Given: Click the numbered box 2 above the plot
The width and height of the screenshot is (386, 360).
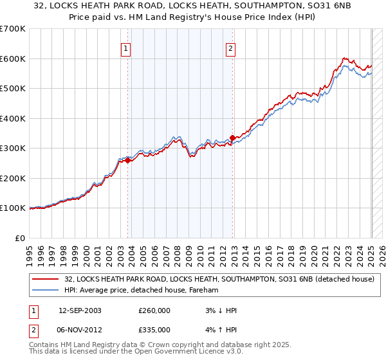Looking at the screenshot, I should (230, 47).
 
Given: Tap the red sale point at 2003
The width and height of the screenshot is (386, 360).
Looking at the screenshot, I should (127, 161).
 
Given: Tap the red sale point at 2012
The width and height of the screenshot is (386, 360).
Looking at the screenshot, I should (232, 137).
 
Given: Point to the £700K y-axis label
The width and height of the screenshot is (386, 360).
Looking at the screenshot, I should (13, 29).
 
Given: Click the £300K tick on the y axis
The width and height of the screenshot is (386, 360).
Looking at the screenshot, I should (13, 148).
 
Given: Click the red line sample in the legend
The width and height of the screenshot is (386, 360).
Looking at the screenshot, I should (46, 279).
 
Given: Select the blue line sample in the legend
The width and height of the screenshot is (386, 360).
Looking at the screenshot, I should (46, 290).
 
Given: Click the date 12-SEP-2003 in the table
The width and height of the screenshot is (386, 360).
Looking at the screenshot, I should (80, 310).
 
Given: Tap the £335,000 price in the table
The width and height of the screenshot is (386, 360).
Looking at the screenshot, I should (154, 330).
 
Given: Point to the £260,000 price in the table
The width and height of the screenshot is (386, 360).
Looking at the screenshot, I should (154, 310).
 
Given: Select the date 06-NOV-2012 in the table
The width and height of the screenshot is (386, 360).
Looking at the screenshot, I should (80, 330).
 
